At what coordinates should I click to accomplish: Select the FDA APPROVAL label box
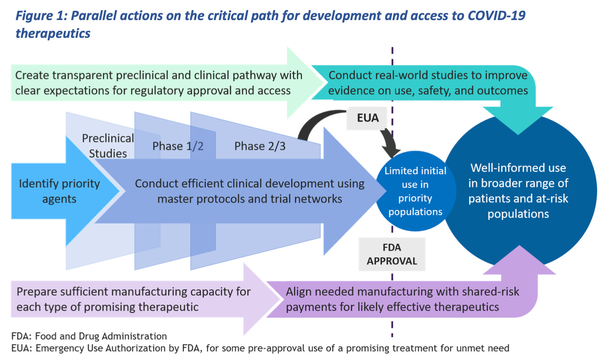coord(392,254)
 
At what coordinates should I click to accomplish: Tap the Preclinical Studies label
coord(108,145)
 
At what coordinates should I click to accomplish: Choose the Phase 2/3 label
coord(260,146)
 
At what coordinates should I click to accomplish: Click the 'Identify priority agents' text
coord(59,191)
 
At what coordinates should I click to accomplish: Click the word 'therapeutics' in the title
coord(52,33)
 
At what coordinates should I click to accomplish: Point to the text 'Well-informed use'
coord(518,168)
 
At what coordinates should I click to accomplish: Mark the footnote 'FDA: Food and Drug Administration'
coord(89,336)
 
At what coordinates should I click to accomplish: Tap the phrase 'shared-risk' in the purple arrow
coord(494,292)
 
